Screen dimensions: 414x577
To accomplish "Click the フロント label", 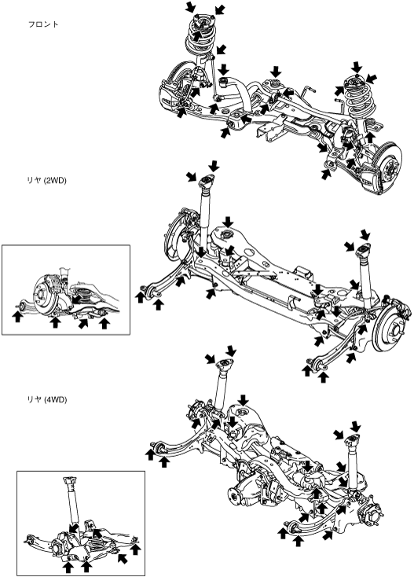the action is (x=43, y=24).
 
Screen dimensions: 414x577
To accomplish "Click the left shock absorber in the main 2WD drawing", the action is (x=204, y=217).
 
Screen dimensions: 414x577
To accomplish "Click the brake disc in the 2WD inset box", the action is (x=46, y=292).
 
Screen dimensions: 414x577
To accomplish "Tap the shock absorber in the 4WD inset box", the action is (x=71, y=503).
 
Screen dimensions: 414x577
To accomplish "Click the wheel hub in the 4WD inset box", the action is (x=57, y=548).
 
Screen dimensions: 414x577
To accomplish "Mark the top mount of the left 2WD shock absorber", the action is (x=207, y=181).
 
